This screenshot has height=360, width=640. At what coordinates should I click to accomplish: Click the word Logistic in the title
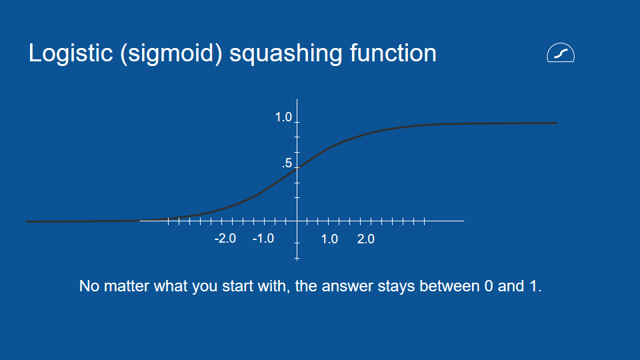click(x=71, y=53)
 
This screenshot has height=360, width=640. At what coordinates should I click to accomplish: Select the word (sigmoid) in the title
click(x=171, y=53)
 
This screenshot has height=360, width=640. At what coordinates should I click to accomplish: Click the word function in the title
click(x=393, y=53)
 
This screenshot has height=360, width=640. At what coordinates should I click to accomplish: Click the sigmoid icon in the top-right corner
click(x=561, y=53)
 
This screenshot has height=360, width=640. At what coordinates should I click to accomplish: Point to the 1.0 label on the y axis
click(x=283, y=117)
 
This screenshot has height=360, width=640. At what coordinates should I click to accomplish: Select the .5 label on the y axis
click(x=287, y=163)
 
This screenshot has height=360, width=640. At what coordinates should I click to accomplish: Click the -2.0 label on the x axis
click(x=225, y=239)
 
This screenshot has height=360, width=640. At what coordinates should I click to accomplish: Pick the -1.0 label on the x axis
click(x=263, y=239)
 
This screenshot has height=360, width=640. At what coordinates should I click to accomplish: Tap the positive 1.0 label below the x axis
click(x=329, y=239)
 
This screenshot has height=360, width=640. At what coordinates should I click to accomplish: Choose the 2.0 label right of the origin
click(x=366, y=239)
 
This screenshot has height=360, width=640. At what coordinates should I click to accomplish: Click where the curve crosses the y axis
click(x=297, y=167)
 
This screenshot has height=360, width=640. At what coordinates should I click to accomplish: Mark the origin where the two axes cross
click(x=297, y=220)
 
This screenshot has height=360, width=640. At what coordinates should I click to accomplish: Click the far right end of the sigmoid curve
click(x=556, y=123)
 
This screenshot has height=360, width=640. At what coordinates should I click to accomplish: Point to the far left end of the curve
click(x=27, y=221)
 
